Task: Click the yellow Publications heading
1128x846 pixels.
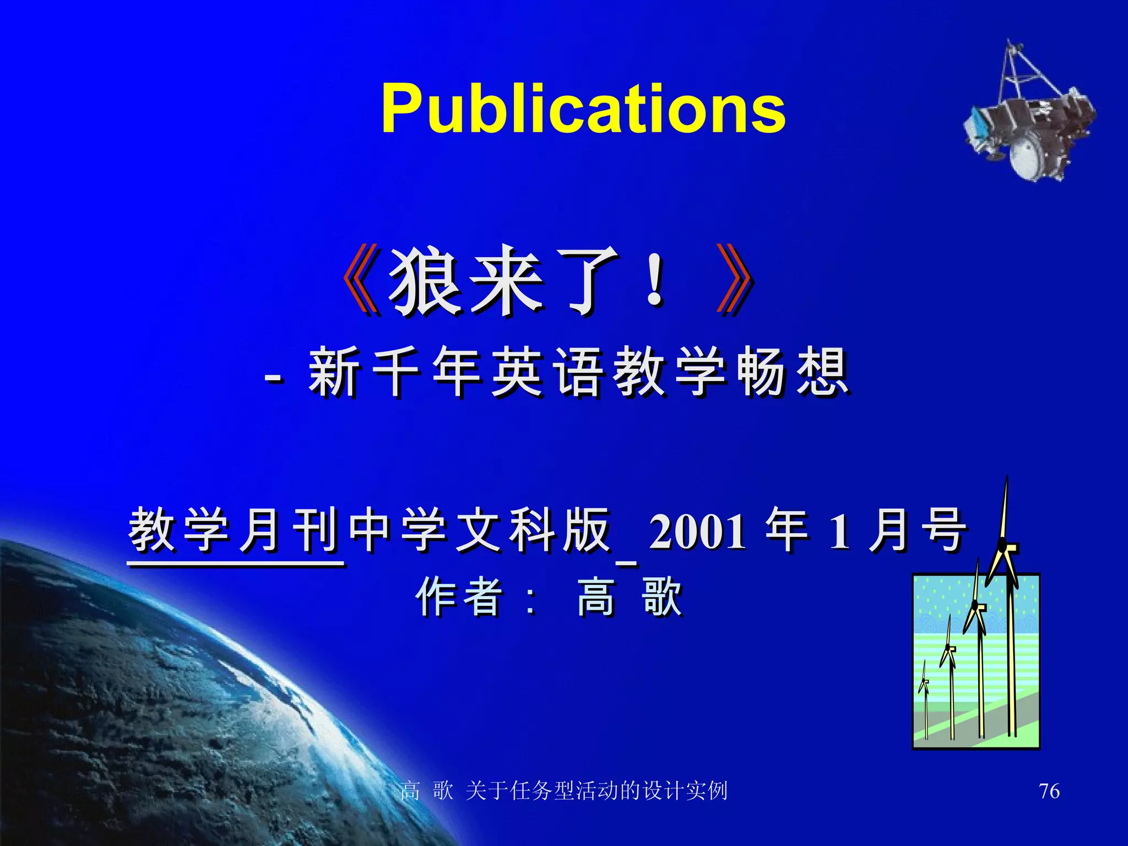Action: [583, 109]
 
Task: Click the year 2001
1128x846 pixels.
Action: [697, 532]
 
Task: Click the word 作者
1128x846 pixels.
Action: [459, 597]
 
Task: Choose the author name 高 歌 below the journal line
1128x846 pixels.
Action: [630, 597]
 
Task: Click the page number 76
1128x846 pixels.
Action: [1049, 791]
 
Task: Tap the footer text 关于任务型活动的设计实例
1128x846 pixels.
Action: [596, 791]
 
